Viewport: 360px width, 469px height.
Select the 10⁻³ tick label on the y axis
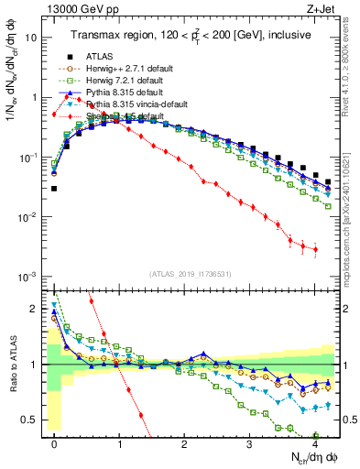pos(29,277)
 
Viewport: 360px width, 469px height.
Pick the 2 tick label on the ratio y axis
pos(36,309)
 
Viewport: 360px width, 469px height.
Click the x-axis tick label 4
pos(314,442)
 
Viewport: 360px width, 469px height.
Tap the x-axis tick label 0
pos(55,442)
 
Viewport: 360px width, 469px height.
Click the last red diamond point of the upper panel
pos(315,249)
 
